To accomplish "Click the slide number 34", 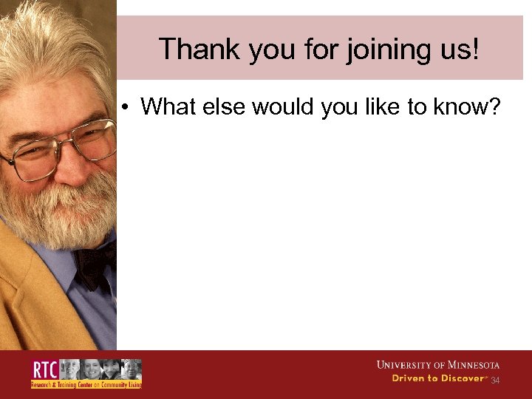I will point(495,381).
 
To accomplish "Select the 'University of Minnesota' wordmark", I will point(438,365).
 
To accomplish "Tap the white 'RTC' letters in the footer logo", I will point(44,369).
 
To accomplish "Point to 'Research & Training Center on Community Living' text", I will point(86,385).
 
